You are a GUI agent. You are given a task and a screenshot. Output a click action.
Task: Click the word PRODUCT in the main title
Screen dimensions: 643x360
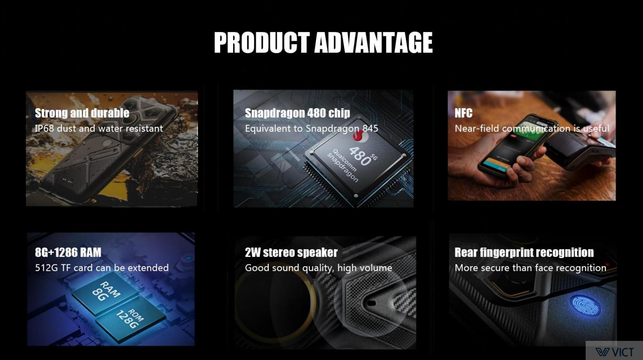262,42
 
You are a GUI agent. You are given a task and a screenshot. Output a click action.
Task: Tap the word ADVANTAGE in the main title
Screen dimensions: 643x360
373,42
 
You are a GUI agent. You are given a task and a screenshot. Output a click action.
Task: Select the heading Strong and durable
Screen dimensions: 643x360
82,113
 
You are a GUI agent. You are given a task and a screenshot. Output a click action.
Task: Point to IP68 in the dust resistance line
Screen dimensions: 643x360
44,128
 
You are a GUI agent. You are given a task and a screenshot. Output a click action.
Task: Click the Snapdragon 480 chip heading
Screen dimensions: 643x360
297,113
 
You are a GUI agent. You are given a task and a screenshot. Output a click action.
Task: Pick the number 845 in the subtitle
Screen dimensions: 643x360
370,128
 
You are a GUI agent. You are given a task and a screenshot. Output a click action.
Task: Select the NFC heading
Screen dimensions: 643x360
463,113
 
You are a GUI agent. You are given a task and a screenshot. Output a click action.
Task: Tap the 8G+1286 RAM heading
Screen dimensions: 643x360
68,253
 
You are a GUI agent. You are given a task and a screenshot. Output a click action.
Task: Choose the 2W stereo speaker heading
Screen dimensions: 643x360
291,253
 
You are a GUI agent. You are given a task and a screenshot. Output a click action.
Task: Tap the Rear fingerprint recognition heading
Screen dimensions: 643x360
524,253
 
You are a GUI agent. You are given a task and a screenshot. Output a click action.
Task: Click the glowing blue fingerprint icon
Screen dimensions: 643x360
585,306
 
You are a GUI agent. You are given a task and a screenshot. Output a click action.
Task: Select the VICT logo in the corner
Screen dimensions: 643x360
615,352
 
